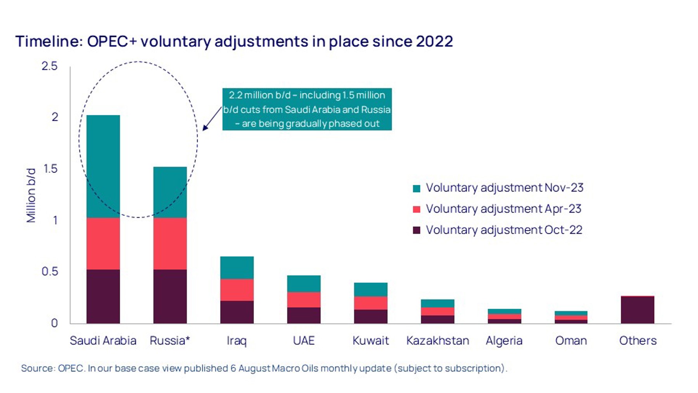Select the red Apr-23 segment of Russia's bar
pos(170,243)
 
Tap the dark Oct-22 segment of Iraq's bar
pos(237,312)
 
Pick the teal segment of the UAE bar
pos(304,283)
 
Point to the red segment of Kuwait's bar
pos(371,303)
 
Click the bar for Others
pos(638,310)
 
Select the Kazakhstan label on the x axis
pos(437,341)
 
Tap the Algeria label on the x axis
pos(504,341)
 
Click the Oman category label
pos(571,341)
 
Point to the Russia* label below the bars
pos(170,341)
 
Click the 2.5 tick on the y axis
pos(50,66)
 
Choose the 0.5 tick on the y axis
pos(50,271)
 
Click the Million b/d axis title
pos(31,195)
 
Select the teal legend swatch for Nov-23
pos(416,188)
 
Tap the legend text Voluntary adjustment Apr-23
pos(503,209)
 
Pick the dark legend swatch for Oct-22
pos(416,230)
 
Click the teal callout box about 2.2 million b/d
pos(307,109)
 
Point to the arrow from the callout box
pos(212,119)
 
